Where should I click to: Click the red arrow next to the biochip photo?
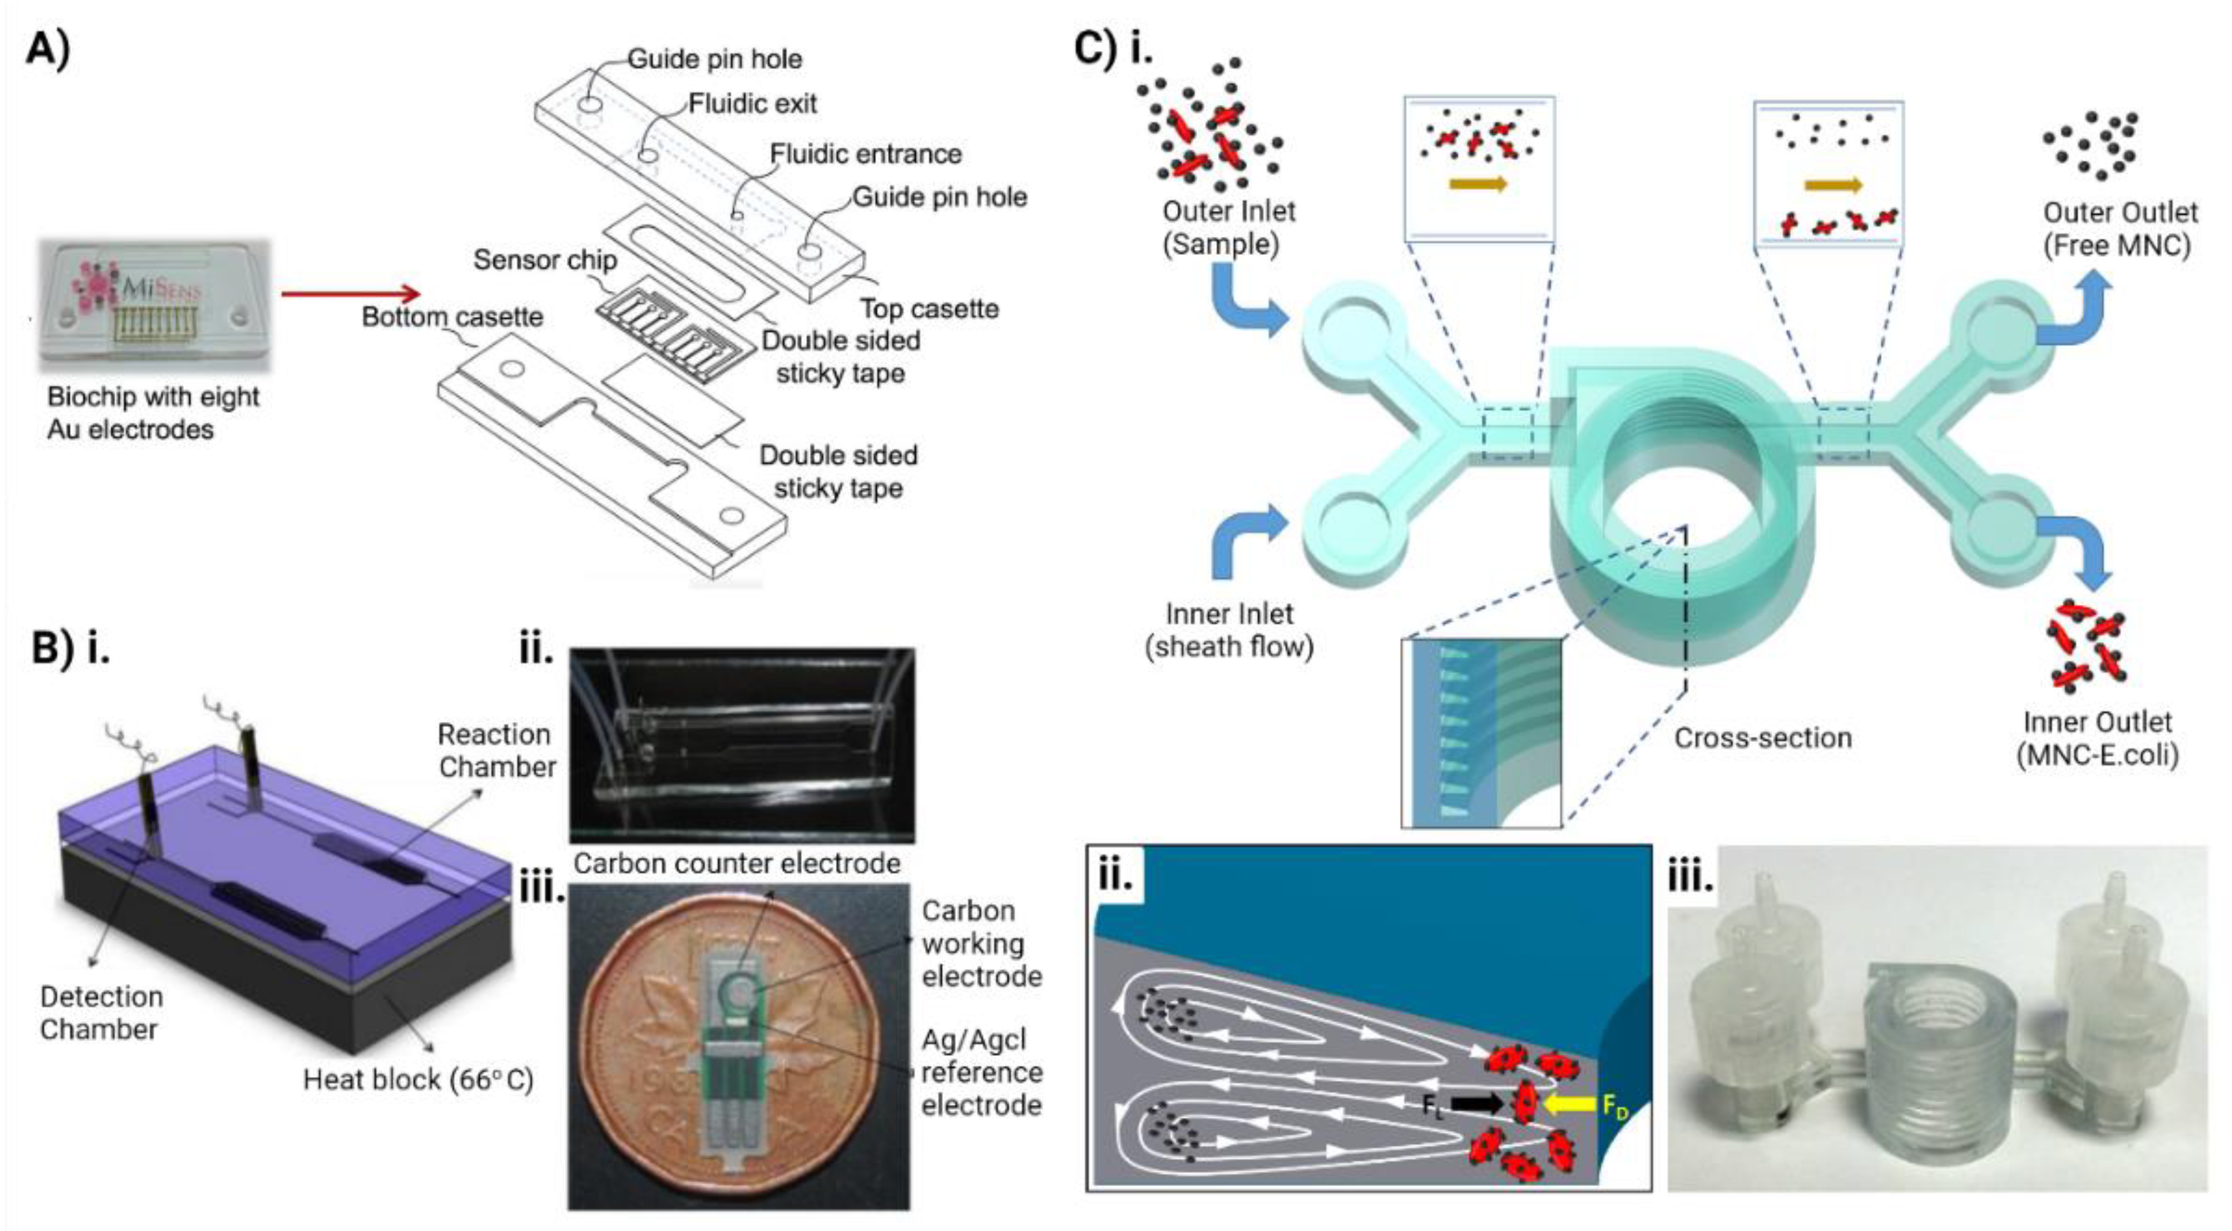[350, 294]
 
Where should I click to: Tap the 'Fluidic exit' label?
[752, 104]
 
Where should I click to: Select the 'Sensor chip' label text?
[545, 260]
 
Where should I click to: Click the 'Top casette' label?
[929, 309]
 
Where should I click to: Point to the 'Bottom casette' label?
[452, 317]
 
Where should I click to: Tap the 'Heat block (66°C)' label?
[418, 1079]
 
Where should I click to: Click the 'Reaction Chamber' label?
[495, 750]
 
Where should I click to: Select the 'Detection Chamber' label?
[101, 1013]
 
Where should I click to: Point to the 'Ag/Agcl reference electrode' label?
[981, 1072]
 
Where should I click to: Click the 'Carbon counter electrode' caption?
[737, 863]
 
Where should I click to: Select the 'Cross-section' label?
[1763, 738]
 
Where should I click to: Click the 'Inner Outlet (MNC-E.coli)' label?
[2097, 738]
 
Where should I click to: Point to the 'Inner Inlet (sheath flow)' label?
[1228, 629]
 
